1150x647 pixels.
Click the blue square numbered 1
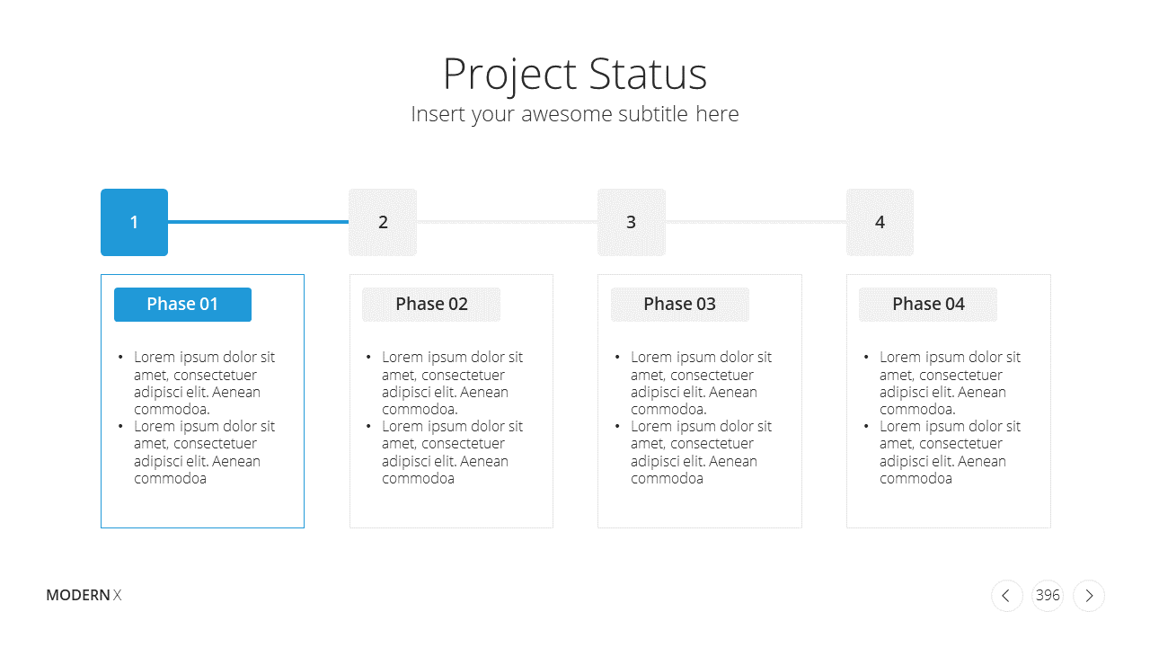[x=134, y=222]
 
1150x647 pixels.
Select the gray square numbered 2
[x=383, y=222]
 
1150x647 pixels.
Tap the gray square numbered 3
[x=632, y=222]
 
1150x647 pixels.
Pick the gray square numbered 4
[x=880, y=222]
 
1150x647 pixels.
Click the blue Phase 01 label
[x=182, y=305]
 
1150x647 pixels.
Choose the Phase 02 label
[x=431, y=305]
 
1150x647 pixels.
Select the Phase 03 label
[x=680, y=305]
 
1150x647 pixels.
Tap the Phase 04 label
[x=928, y=305]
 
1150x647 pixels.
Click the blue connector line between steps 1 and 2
[x=258, y=222]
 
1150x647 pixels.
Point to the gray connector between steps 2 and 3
[x=508, y=222]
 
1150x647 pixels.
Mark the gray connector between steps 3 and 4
[x=756, y=222]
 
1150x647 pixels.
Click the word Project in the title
[x=509, y=75]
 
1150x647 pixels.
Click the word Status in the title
[x=648, y=74]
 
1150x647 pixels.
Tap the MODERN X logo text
[x=84, y=595]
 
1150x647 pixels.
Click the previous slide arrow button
[x=1007, y=596]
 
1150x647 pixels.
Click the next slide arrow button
[x=1089, y=596]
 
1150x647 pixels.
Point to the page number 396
[x=1048, y=595]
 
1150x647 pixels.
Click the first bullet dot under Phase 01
[x=120, y=357]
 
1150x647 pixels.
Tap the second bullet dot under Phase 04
[x=866, y=426]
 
